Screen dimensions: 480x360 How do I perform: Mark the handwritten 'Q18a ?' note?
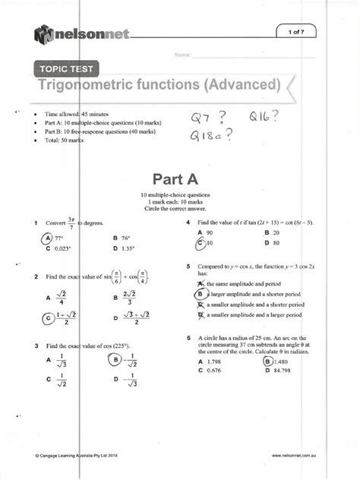pyautogui.click(x=215, y=137)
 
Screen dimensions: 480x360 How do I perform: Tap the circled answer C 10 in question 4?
pyautogui.click(x=206, y=243)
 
